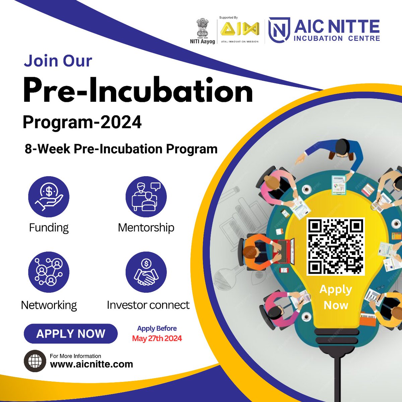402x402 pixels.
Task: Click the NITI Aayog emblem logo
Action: click(202, 28)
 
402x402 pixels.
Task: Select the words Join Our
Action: click(58, 61)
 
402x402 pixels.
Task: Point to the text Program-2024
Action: click(82, 122)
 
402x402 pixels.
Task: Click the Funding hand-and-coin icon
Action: click(49, 197)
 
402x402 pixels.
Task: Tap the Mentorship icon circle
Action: click(146, 197)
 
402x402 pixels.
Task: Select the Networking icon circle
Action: click(49, 272)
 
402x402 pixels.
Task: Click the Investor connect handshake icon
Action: click(146, 272)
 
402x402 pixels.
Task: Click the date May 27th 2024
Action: click(157, 338)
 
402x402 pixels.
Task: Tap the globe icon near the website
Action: click(35, 361)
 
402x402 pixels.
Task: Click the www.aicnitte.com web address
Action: click(91, 364)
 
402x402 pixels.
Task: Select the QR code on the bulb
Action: click(336, 247)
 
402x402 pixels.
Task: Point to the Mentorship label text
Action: click(146, 228)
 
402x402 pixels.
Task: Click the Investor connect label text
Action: click(148, 305)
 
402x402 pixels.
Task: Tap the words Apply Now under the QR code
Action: click(336, 297)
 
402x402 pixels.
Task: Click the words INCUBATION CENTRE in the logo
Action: click(337, 38)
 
